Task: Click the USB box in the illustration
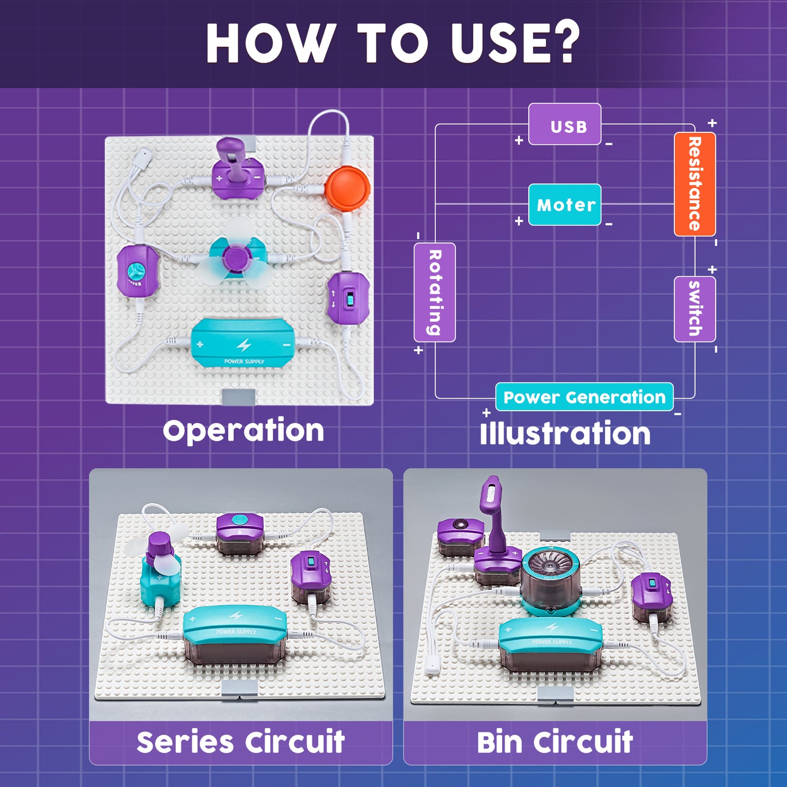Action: click(565, 125)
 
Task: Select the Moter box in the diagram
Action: click(565, 205)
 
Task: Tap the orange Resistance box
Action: click(694, 184)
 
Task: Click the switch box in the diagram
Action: click(694, 309)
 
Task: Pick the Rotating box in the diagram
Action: click(435, 292)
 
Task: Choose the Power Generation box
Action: click(584, 397)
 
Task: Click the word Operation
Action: click(243, 431)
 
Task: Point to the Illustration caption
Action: click(565, 434)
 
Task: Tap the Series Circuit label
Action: click(241, 742)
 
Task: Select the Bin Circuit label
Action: click(555, 742)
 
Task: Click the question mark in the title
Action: click(564, 44)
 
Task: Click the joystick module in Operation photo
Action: click(237, 170)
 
